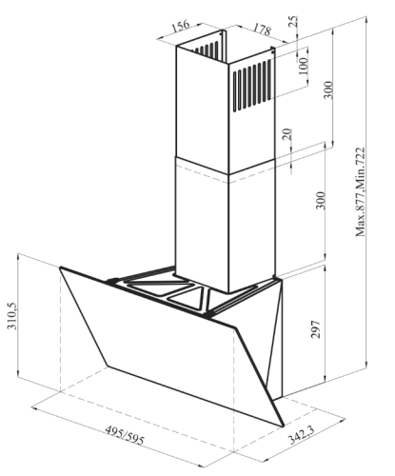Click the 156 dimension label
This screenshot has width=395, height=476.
(181, 26)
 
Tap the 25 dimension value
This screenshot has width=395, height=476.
(294, 21)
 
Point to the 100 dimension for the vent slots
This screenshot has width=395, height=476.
(304, 66)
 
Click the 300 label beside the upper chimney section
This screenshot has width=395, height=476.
(328, 90)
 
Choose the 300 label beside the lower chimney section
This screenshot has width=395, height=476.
(321, 200)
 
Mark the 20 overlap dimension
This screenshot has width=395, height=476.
(286, 134)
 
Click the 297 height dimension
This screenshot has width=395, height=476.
(315, 329)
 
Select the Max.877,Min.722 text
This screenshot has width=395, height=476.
(361, 192)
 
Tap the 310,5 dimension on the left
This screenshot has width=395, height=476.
(12, 316)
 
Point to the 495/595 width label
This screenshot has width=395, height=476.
(125, 435)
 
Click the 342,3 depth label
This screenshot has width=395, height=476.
(301, 435)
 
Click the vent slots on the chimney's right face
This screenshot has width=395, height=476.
(252, 86)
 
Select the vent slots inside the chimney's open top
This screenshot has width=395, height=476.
(207, 49)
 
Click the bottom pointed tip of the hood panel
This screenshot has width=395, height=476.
(283, 426)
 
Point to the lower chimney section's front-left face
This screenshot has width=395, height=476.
(202, 227)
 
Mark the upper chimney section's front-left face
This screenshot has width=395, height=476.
(202, 109)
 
